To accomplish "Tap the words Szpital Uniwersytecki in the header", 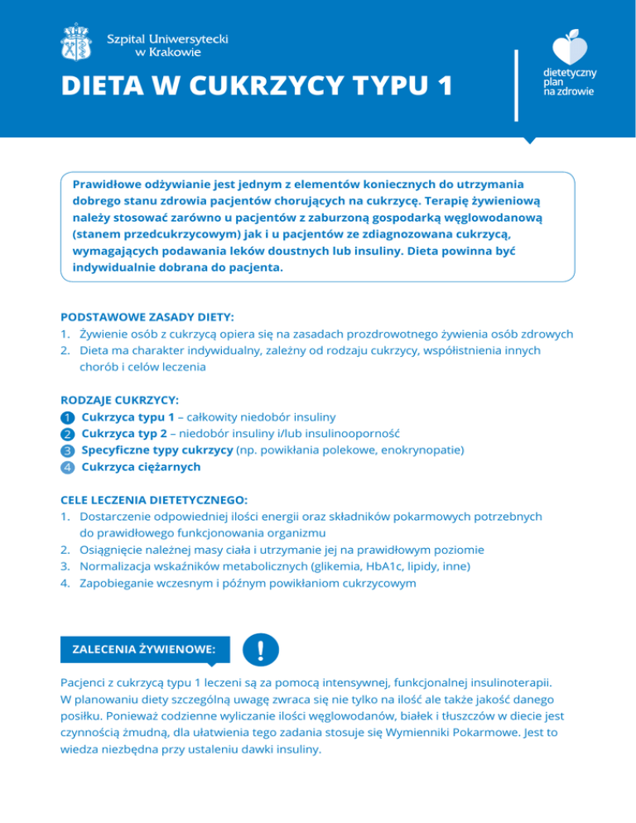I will (x=169, y=38).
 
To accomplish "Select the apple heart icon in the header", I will (x=570, y=48).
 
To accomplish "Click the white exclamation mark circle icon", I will (x=262, y=651).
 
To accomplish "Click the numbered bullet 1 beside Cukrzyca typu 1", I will (x=68, y=416).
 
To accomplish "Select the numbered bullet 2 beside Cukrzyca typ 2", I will (x=68, y=433).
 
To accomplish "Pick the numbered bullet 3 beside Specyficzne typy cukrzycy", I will (x=68, y=450).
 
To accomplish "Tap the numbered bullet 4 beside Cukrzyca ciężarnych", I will (x=68, y=467).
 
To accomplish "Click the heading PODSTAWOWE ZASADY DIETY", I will (x=147, y=317).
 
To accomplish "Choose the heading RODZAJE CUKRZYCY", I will (x=120, y=398).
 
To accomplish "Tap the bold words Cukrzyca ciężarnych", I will (x=141, y=467).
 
